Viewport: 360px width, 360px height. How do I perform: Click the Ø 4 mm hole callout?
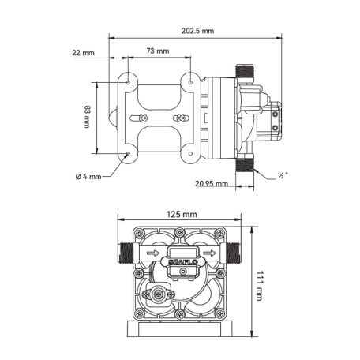pos(89,176)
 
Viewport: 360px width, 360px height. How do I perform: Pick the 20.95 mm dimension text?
pos(212,183)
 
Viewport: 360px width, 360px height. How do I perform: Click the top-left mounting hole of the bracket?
pos(128,80)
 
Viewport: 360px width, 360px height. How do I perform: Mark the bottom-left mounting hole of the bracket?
pos(128,154)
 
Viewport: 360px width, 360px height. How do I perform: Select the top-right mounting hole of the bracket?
pos(189,80)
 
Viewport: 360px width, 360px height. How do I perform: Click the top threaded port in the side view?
pos(246,70)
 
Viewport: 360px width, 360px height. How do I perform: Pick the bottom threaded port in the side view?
pos(246,166)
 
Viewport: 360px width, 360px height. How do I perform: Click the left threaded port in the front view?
pos(122,255)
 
